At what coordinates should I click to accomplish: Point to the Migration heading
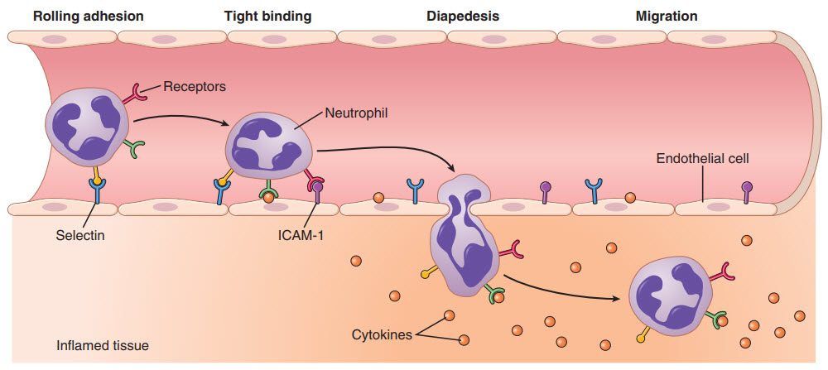[666, 16]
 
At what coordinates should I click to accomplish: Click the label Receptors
[195, 85]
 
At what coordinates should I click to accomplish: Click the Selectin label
[81, 235]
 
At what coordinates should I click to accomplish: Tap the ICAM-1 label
[301, 235]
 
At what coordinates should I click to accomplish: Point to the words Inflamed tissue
[102, 344]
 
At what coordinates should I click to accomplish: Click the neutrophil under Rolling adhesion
[87, 129]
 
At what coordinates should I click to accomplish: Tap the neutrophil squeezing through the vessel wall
[464, 240]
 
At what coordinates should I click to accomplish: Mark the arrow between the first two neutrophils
[181, 120]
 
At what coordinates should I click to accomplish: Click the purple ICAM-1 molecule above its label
[318, 192]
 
